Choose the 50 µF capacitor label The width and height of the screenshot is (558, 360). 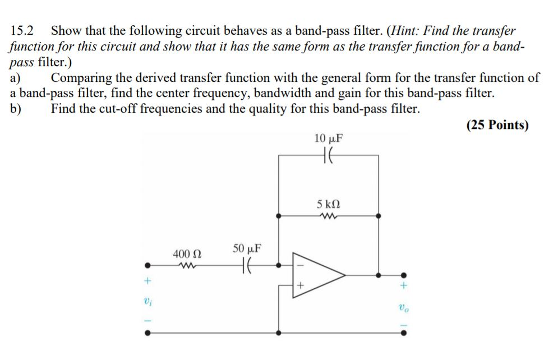246,248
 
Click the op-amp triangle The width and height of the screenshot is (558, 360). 317,275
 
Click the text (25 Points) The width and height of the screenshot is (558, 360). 497,124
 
